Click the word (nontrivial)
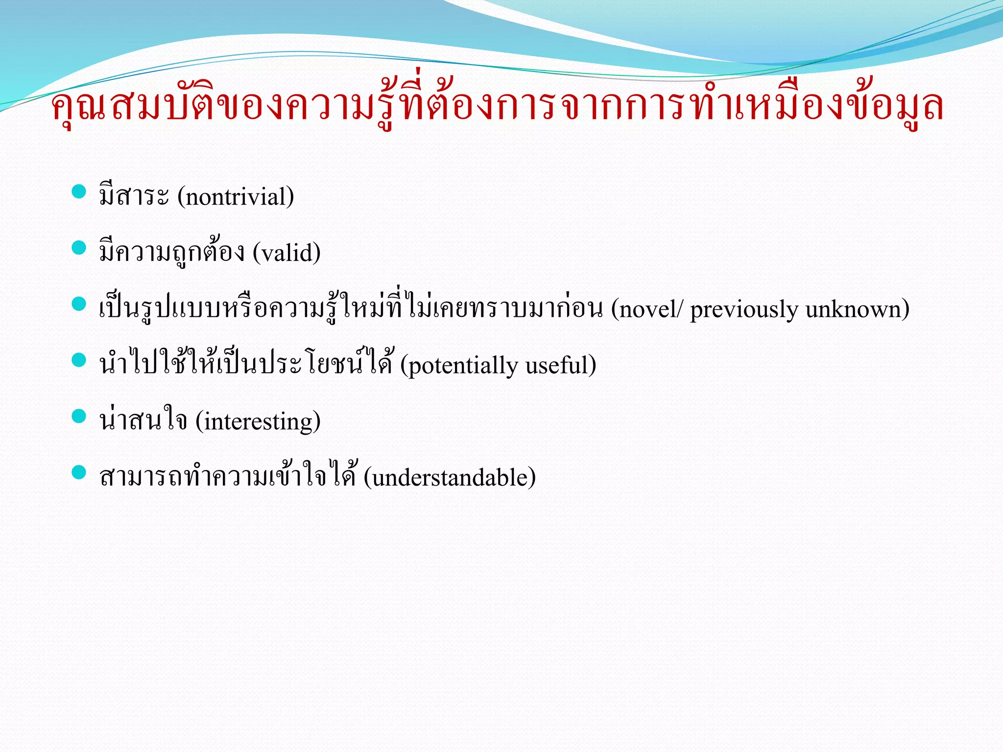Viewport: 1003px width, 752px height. (236, 197)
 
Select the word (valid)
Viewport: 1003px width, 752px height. (287, 253)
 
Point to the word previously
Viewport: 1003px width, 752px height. (743, 309)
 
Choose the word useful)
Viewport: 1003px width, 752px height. (561, 366)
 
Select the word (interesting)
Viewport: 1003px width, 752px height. (258, 422)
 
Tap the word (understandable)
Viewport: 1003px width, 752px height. (450, 477)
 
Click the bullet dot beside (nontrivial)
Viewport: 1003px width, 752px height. (79, 191)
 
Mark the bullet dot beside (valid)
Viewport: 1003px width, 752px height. (79, 248)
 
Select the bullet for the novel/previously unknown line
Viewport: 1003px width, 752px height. (79, 304)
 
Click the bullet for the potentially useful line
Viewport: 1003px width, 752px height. (79, 360)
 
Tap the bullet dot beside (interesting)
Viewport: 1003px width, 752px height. (79, 416)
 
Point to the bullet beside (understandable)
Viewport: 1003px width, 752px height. (79, 472)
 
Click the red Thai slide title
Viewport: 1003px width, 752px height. (497, 105)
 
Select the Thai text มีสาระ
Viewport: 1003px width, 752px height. (134, 196)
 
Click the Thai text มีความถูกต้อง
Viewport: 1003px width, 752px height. (171, 252)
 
